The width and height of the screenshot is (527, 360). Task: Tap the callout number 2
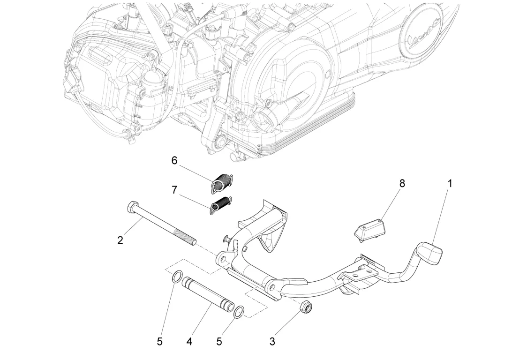tap(120, 240)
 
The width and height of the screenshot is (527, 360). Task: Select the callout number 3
tap(272, 341)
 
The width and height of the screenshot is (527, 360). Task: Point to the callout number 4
tap(189, 342)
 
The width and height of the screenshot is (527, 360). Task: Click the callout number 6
tap(174, 161)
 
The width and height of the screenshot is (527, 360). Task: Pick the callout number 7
tap(174, 190)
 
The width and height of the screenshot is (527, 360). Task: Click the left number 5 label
tap(159, 342)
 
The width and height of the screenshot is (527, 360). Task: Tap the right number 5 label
tap(219, 342)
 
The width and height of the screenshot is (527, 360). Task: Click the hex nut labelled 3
tap(306, 307)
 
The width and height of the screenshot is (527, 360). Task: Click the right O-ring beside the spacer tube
tap(239, 311)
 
